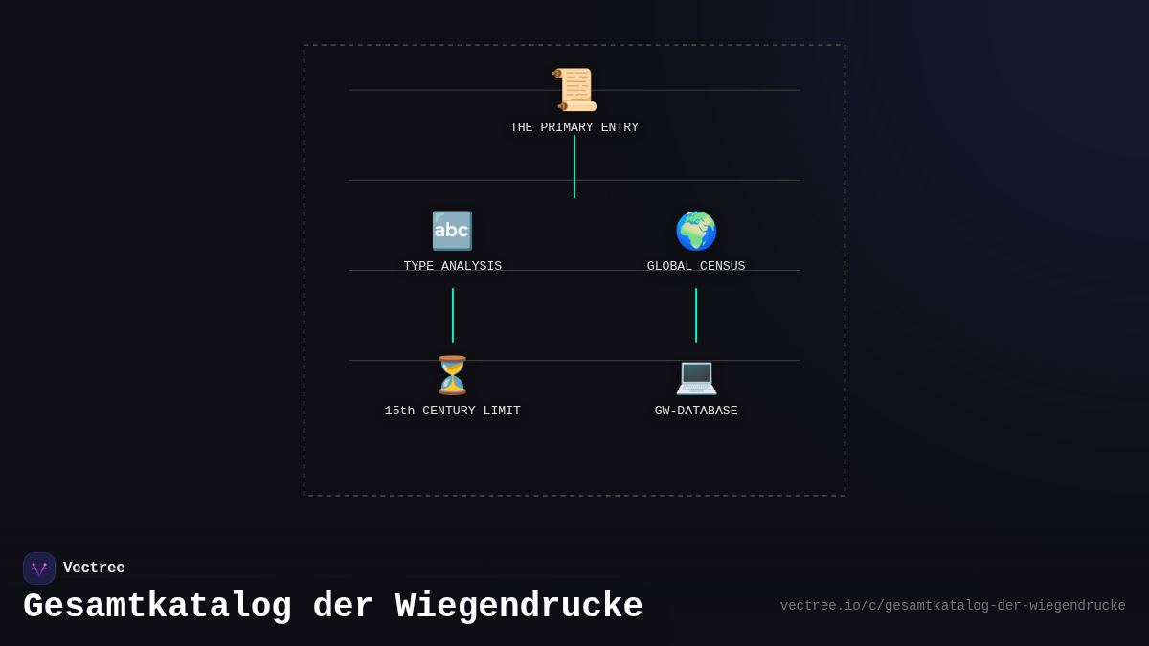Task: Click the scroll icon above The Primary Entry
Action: coord(574,90)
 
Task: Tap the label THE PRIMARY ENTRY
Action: coord(574,128)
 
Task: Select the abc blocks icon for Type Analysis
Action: coord(452,231)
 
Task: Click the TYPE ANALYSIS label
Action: coord(452,266)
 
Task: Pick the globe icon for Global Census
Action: coord(696,231)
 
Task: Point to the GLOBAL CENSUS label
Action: coord(696,266)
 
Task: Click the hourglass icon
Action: coord(452,375)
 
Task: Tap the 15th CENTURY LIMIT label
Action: coord(452,411)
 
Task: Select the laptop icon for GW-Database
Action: coord(696,376)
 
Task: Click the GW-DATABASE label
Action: coord(696,411)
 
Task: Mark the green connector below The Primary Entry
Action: coord(574,167)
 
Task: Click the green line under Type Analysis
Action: coord(453,315)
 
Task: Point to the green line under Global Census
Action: coord(696,315)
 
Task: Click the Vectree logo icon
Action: coord(39,568)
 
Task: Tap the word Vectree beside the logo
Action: coord(94,568)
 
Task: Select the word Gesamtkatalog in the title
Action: coord(157,607)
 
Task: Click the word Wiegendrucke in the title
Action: coord(519,607)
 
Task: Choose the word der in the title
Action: coord(344,607)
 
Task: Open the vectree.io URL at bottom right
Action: coord(953,606)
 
